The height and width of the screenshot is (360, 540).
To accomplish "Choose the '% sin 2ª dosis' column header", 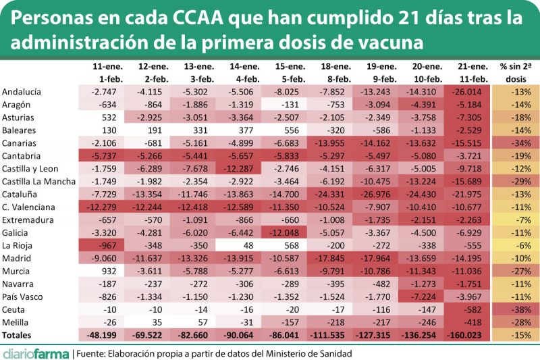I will click(516, 72).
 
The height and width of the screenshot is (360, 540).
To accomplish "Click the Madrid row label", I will click(16, 258).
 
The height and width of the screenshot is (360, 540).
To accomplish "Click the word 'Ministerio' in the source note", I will click(275, 353).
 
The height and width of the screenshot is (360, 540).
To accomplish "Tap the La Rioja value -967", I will click(108, 245).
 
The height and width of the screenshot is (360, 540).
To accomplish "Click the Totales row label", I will click(19, 335).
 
